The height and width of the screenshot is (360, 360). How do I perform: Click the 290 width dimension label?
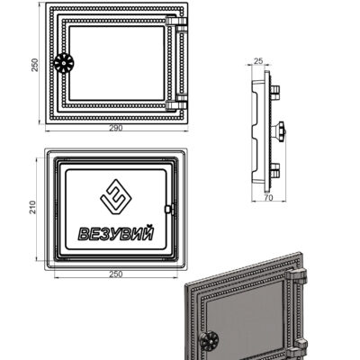[x=116, y=128]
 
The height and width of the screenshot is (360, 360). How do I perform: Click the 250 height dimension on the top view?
[x=35, y=65]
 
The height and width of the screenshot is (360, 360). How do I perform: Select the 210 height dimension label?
[x=32, y=207]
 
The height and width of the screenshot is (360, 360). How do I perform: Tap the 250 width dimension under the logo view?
[x=116, y=274]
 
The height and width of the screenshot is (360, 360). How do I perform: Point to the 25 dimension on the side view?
[x=258, y=61]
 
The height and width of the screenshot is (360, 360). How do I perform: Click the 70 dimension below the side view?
[x=269, y=198]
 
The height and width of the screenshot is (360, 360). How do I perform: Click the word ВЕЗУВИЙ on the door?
[x=116, y=233]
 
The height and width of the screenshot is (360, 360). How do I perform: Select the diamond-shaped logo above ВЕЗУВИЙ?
[x=116, y=197]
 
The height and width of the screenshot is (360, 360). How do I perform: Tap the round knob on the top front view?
[x=64, y=63]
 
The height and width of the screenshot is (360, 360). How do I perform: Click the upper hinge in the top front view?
[x=176, y=22]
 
